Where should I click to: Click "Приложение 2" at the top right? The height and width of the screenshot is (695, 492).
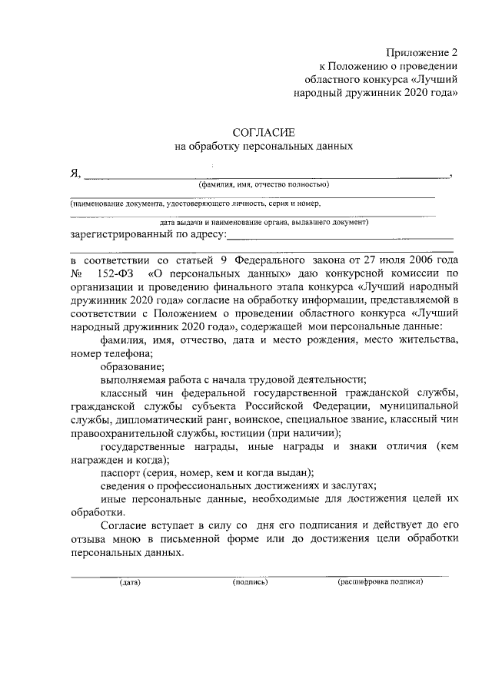424,54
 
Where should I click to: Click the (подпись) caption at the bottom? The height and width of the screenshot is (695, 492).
250,582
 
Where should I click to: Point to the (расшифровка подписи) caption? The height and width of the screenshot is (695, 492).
381,582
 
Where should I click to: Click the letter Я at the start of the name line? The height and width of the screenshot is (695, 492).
75,174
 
